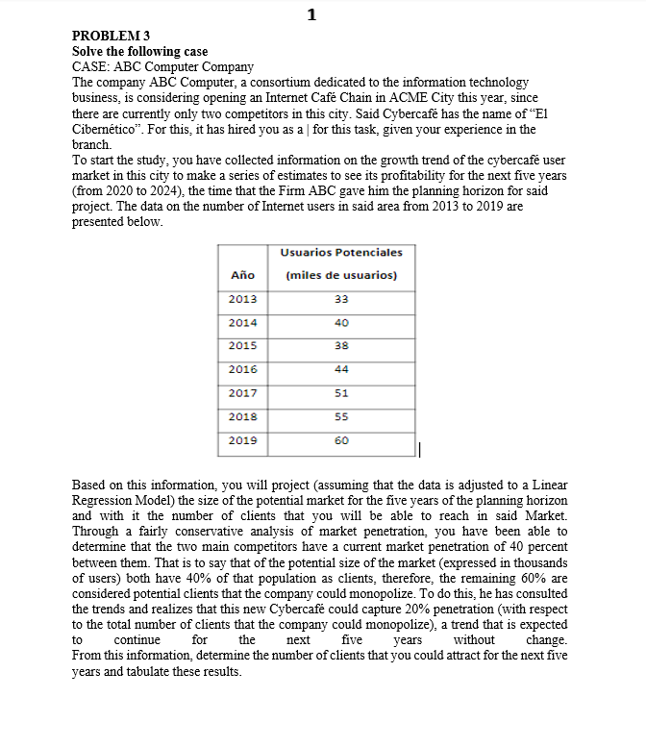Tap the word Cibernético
click(x=109, y=130)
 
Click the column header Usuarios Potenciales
click(x=341, y=252)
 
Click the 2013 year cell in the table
click(x=242, y=299)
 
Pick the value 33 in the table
click(x=341, y=299)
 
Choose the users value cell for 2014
click(x=341, y=323)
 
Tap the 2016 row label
click(x=242, y=369)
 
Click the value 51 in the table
click(x=341, y=393)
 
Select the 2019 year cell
click(x=242, y=440)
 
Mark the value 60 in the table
click(x=341, y=440)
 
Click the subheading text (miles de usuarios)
click(x=341, y=275)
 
